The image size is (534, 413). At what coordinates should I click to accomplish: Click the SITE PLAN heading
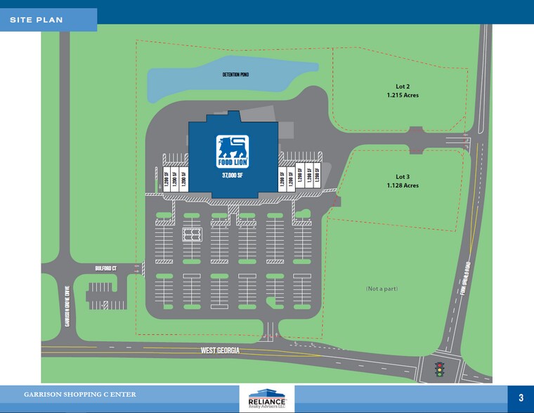(x=37, y=20)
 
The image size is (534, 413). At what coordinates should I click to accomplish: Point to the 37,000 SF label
(x=232, y=175)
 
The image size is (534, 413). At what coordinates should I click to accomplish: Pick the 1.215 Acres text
(x=403, y=95)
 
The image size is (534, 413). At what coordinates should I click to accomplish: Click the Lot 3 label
(x=403, y=176)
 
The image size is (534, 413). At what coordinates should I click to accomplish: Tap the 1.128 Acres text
(x=403, y=185)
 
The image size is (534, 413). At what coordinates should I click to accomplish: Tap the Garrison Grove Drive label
(x=67, y=310)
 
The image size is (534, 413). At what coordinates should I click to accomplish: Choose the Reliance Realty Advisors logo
(x=267, y=398)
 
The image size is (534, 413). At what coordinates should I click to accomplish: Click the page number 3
(x=521, y=398)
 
